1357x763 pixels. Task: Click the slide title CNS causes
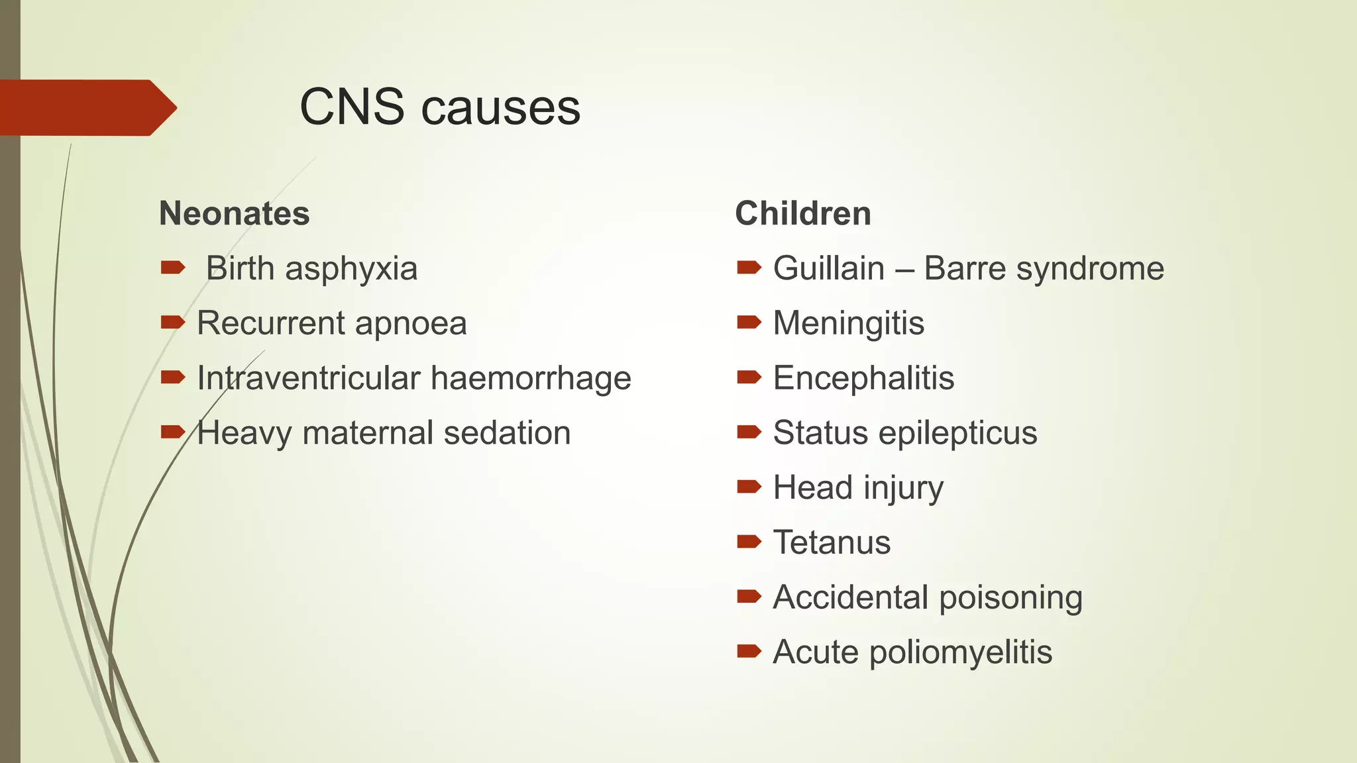[440, 107]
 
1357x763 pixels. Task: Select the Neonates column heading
[235, 214]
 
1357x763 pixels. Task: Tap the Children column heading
[803, 214]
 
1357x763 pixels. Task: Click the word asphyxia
[351, 269]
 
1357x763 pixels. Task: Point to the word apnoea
[411, 324]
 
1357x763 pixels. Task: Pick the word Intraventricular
[309, 378]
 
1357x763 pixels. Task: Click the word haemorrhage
[531, 378]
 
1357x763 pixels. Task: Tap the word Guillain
[829, 269]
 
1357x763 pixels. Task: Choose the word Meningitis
[849, 324]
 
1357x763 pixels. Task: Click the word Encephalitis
[864, 378]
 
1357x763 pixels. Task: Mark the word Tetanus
[832, 542]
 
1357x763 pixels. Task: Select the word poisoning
[1011, 598]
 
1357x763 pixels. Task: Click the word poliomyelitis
[961, 652]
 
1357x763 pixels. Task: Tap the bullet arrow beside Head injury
[749, 487]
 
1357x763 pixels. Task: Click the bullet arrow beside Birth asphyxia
[172, 268]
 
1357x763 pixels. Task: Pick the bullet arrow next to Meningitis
[749, 323]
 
